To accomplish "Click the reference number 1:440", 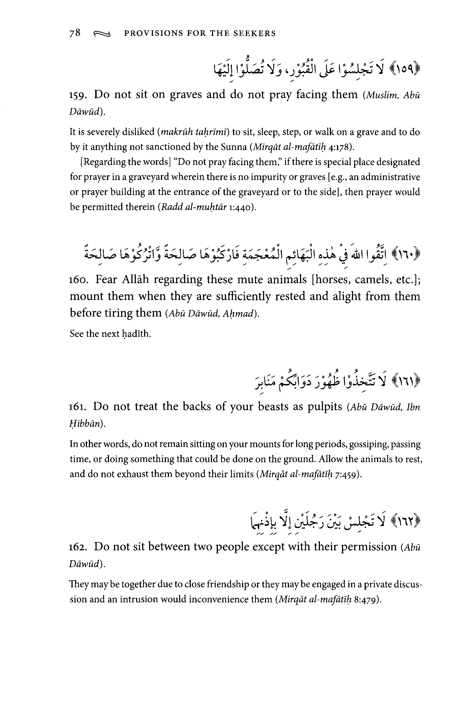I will pyautogui.click(x=241, y=207).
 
